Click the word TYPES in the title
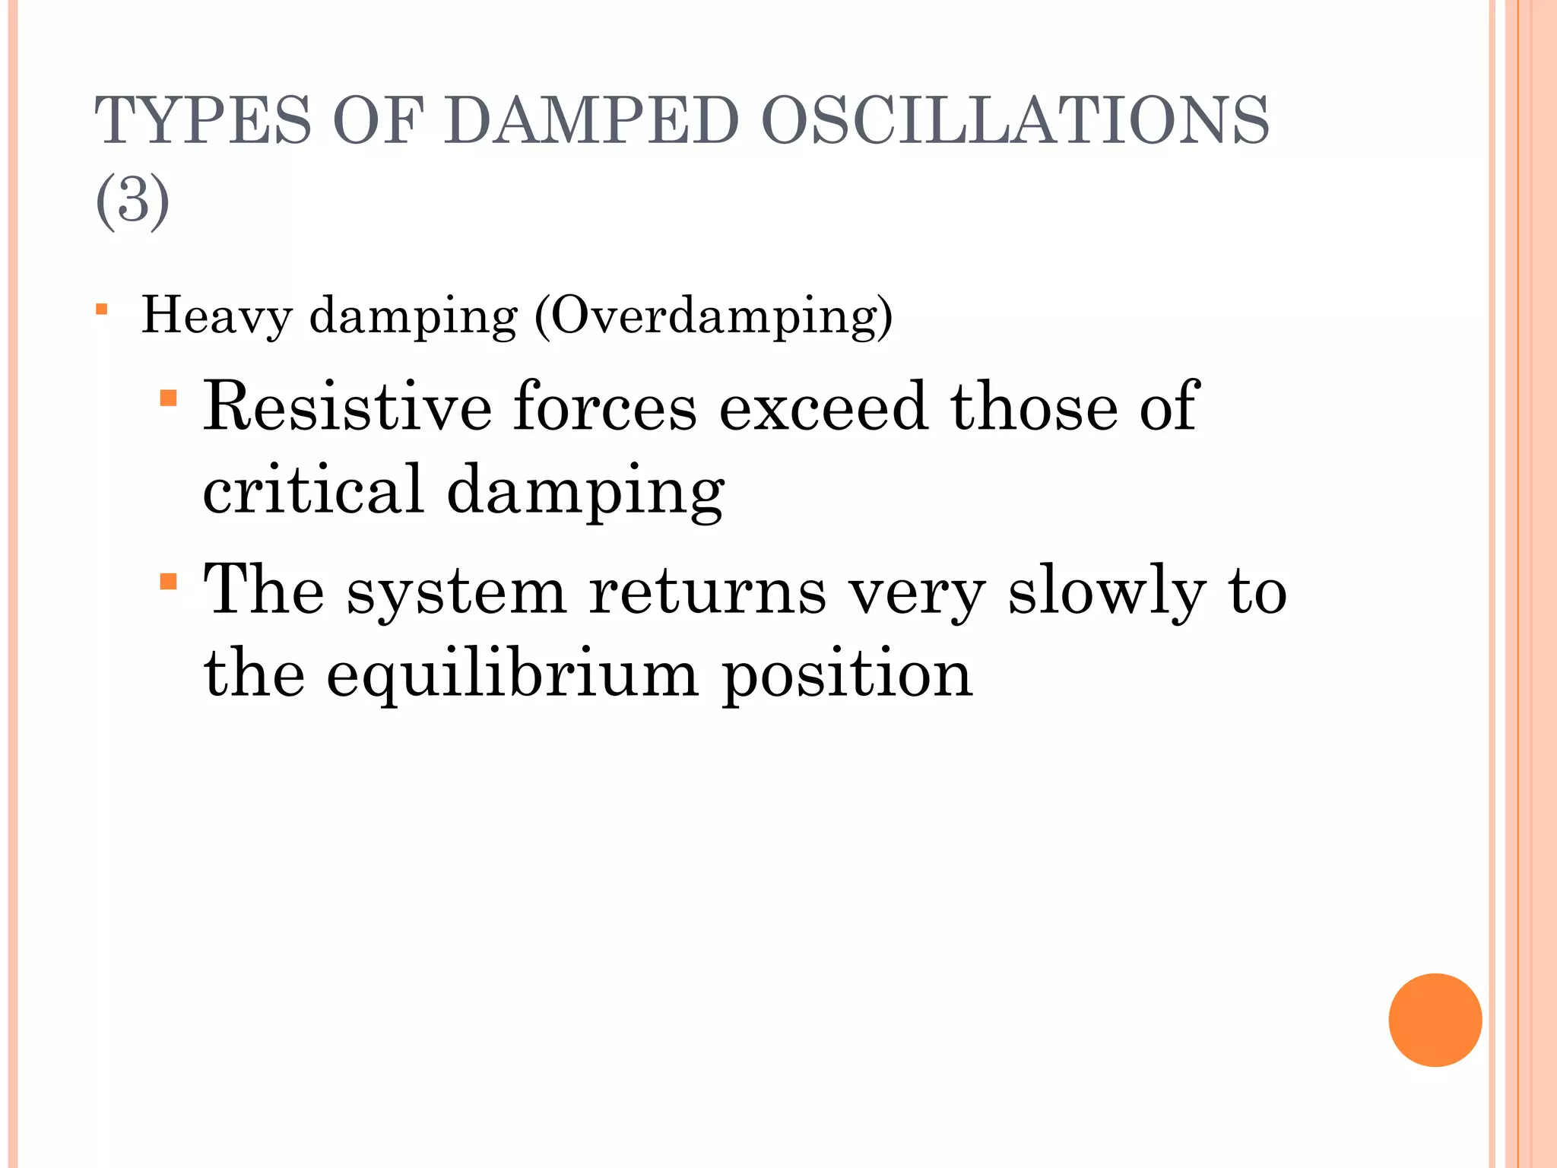[203, 120]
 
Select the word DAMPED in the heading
[591, 120]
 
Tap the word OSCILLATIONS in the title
[1015, 120]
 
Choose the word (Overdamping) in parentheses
[714, 316]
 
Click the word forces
[604, 407]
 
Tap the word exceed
[823, 407]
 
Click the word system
[457, 592]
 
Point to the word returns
[707, 592]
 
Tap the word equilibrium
[512, 674]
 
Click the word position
[847, 674]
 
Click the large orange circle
[1435, 1020]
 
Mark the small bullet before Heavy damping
[102, 309]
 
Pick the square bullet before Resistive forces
[169, 398]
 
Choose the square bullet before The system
[169, 582]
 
